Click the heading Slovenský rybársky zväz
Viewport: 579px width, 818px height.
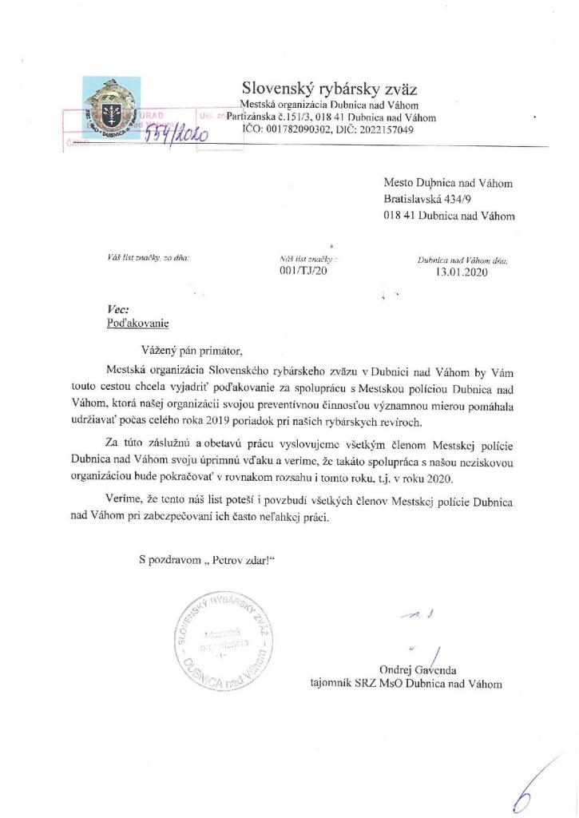click(x=329, y=88)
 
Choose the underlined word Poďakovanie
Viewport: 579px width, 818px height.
click(x=138, y=324)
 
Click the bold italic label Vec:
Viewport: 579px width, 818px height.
click(x=117, y=309)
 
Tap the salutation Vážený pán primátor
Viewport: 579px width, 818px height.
click(x=190, y=350)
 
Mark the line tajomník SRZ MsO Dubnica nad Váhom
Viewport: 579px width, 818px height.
click(x=406, y=684)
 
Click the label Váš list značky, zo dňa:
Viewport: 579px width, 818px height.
click(x=143, y=257)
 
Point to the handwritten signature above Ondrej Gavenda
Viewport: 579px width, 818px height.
click(x=423, y=631)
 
